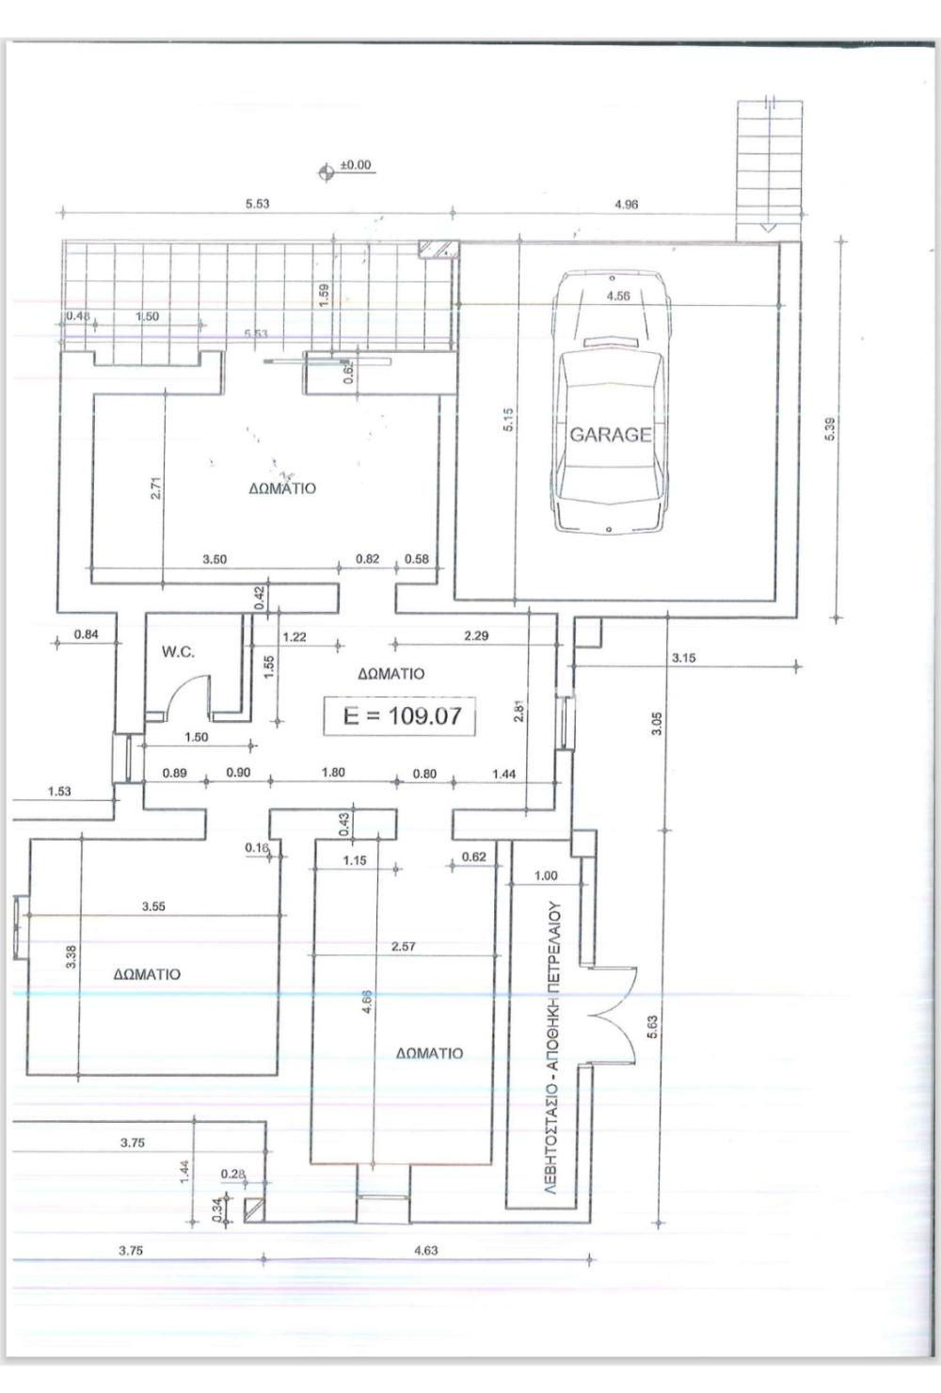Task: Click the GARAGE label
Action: tap(611, 435)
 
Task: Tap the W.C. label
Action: tap(179, 651)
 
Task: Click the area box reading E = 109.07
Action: tap(400, 715)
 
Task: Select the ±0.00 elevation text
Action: tap(356, 165)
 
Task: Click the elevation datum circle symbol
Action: tap(326, 172)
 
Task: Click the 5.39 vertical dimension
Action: tap(832, 429)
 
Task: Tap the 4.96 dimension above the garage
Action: tap(626, 204)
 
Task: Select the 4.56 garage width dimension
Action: tap(618, 296)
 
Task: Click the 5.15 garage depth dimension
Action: tap(508, 420)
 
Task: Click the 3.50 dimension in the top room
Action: tap(215, 559)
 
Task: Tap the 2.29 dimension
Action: tap(476, 635)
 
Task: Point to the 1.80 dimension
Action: tap(333, 773)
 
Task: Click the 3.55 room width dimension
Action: tap(153, 906)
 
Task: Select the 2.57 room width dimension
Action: tap(404, 947)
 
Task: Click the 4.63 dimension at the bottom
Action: tap(425, 1250)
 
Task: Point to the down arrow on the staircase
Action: tap(769, 228)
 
